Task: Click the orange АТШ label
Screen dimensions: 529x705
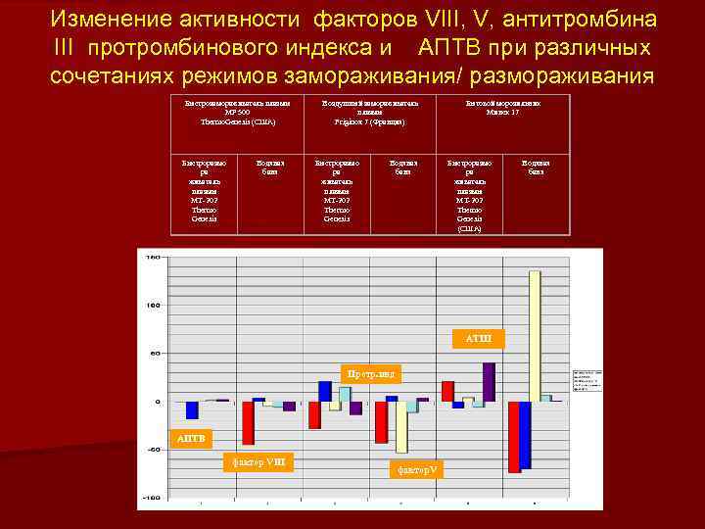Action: [479, 339]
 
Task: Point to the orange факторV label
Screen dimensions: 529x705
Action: [416, 469]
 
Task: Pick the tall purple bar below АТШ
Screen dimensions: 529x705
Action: [489, 382]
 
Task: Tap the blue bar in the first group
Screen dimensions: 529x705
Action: [192, 409]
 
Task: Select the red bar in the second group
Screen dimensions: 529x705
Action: [248, 422]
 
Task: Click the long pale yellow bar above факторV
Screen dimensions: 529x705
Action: [401, 427]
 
